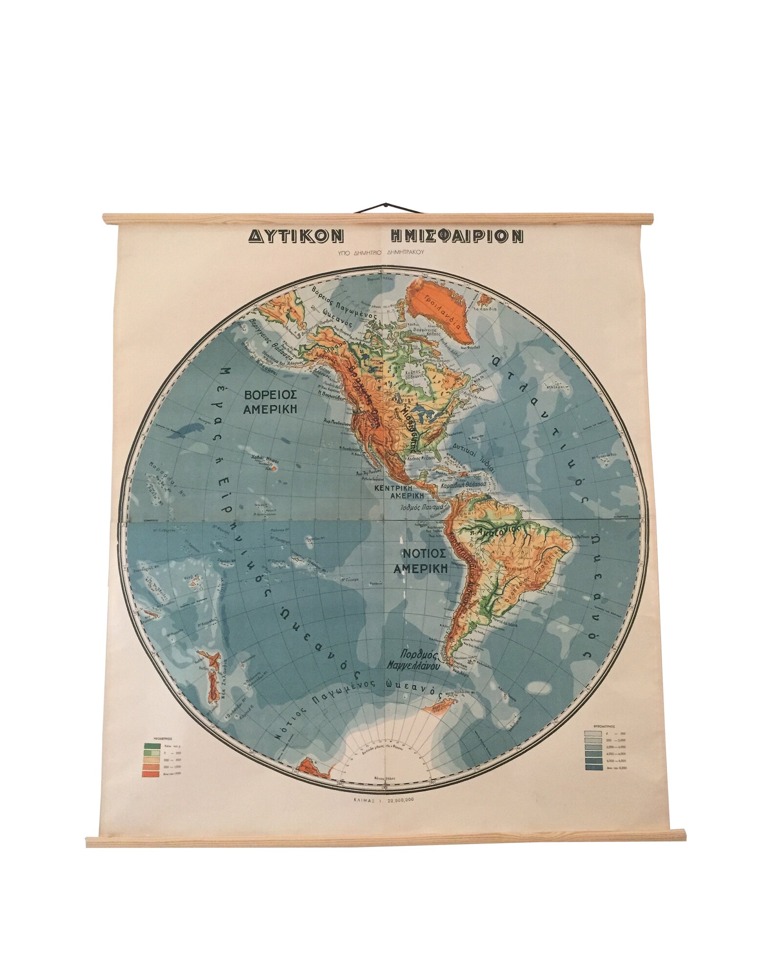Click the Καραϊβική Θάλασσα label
click(x=458, y=488)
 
